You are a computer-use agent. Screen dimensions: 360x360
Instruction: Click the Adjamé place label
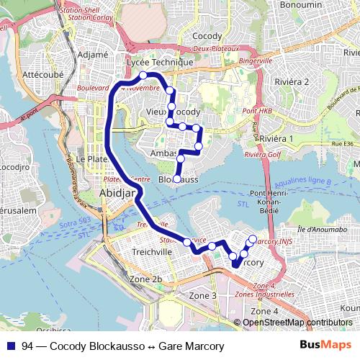[92, 54]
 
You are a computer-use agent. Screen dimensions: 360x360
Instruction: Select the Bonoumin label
[300, 4]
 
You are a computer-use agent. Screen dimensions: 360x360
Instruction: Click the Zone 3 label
[202, 295]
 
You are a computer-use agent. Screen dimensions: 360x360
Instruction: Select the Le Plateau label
[91, 158]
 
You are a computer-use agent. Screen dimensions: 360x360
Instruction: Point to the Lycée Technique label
[160, 63]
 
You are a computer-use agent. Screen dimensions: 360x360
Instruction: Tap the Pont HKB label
[257, 111]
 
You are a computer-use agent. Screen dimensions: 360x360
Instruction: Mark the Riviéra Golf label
[261, 154]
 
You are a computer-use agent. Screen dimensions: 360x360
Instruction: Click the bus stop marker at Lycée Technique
[143, 75]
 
